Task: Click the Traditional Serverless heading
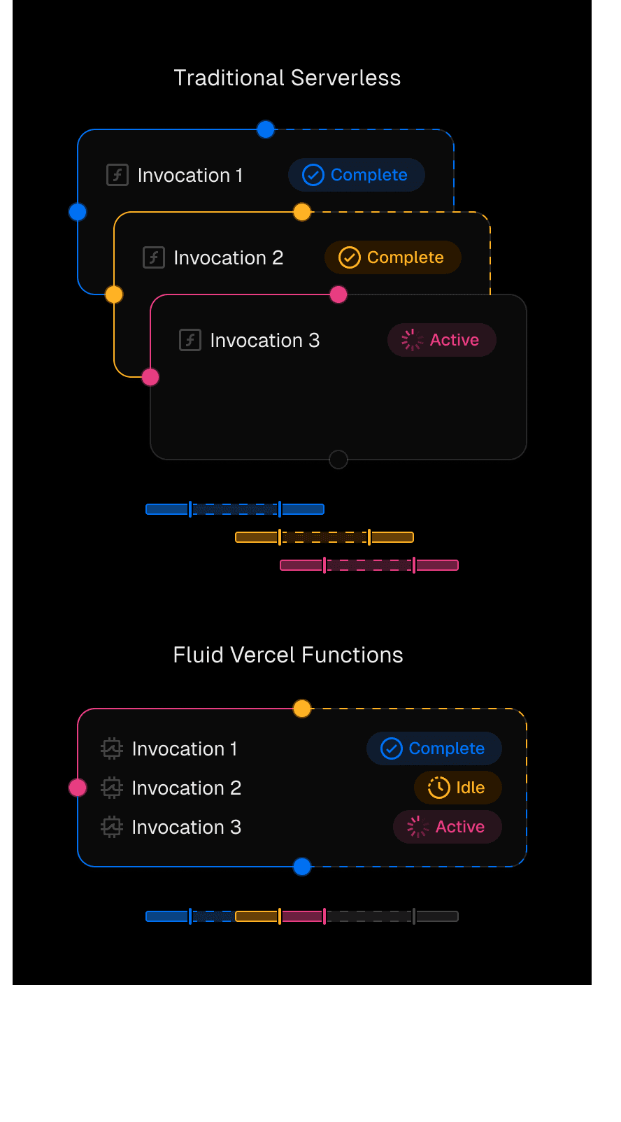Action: pyautogui.click(x=287, y=78)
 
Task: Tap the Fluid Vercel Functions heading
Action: pyautogui.click(x=287, y=655)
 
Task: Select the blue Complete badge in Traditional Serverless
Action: pyautogui.click(x=356, y=175)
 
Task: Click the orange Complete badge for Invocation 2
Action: pyautogui.click(x=392, y=257)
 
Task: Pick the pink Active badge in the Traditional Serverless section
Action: pyautogui.click(x=441, y=340)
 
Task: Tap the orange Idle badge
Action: pyautogui.click(x=457, y=788)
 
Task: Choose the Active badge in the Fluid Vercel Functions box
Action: pyautogui.click(x=447, y=827)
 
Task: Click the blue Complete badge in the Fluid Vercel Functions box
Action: pyautogui.click(x=434, y=748)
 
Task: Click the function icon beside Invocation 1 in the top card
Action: pyautogui.click(x=117, y=175)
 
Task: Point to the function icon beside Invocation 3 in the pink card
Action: pyautogui.click(x=190, y=340)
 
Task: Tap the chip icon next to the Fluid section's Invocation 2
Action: pyautogui.click(x=112, y=788)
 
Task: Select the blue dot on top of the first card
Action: pyautogui.click(x=266, y=129)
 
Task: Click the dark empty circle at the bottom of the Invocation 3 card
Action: pyautogui.click(x=338, y=460)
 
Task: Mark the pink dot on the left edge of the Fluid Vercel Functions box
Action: pyautogui.click(x=78, y=788)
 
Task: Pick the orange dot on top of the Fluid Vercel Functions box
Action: pyautogui.click(x=302, y=709)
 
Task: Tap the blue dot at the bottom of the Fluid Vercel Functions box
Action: pyautogui.click(x=302, y=867)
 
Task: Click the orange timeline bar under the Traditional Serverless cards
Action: pyautogui.click(x=324, y=537)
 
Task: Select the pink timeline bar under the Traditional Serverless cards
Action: pyautogui.click(x=369, y=565)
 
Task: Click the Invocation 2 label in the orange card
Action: pyautogui.click(x=228, y=257)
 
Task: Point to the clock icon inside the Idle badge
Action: pyautogui.click(x=438, y=788)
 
